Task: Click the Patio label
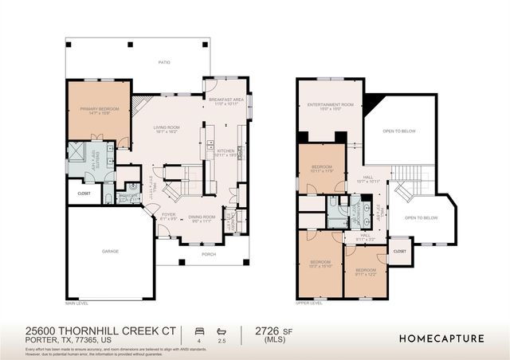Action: click(x=164, y=62)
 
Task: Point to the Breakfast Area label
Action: click(x=227, y=101)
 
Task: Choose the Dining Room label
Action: click(x=202, y=217)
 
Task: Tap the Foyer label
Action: click(x=167, y=215)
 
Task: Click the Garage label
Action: click(x=110, y=251)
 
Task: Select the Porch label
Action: click(x=209, y=255)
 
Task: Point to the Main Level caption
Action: click(x=76, y=303)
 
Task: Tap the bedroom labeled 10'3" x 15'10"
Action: click(x=320, y=264)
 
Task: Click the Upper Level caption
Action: click(x=308, y=303)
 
